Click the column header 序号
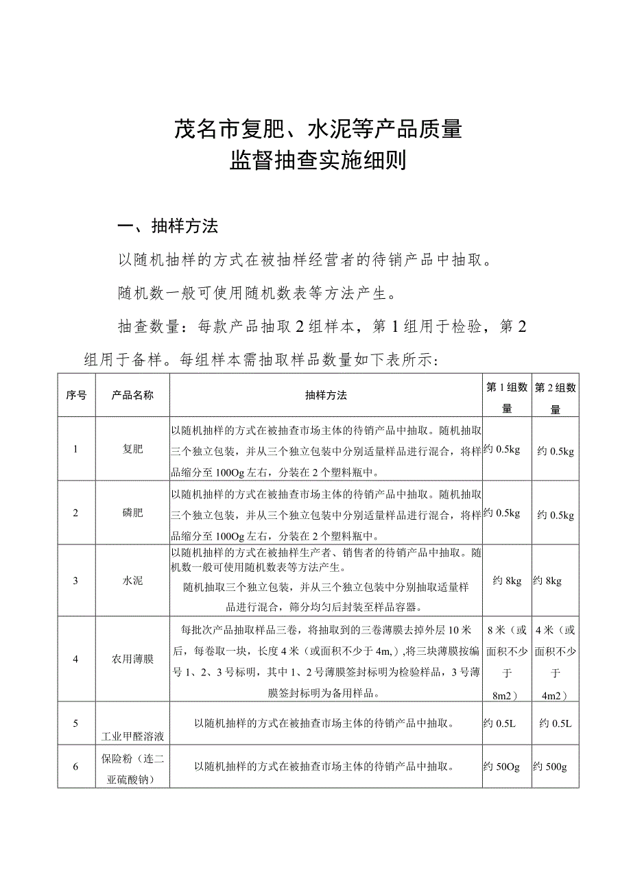pos(76,396)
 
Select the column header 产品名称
pos(132,396)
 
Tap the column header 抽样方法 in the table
pos(326,396)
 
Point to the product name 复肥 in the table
pos(132,449)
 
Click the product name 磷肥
pos(132,514)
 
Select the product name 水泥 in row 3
pos(132,581)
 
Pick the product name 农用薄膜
pos(132,660)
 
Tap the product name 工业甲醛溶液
pos(132,736)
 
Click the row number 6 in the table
pos(76,767)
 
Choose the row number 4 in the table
pos(76,660)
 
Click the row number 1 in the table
pos(76,449)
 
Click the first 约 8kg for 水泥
pos(508,581)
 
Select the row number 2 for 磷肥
pos(76,514)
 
